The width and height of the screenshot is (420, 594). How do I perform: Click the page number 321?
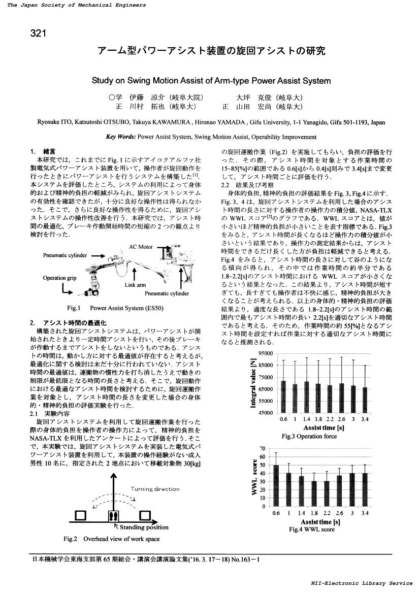pos(39,34)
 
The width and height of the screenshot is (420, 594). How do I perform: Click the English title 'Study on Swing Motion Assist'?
pos(211,80)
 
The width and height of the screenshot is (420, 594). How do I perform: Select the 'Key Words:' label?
pos(120,137)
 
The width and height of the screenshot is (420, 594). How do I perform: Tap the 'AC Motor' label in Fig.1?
pos(141,247)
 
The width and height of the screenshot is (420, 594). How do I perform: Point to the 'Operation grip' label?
pos(59,278)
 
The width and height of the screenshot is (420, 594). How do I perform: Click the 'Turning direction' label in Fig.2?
pos(155,489)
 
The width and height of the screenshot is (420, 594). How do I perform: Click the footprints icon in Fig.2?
pos(113,515)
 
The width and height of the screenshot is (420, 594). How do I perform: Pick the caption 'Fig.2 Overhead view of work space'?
pos(111,538)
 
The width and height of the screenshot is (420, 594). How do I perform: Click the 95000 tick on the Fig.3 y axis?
pos(266,353)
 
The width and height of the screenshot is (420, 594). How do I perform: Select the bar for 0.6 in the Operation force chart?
pos(283,397)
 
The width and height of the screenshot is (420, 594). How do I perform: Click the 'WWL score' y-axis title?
pos(254,477)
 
